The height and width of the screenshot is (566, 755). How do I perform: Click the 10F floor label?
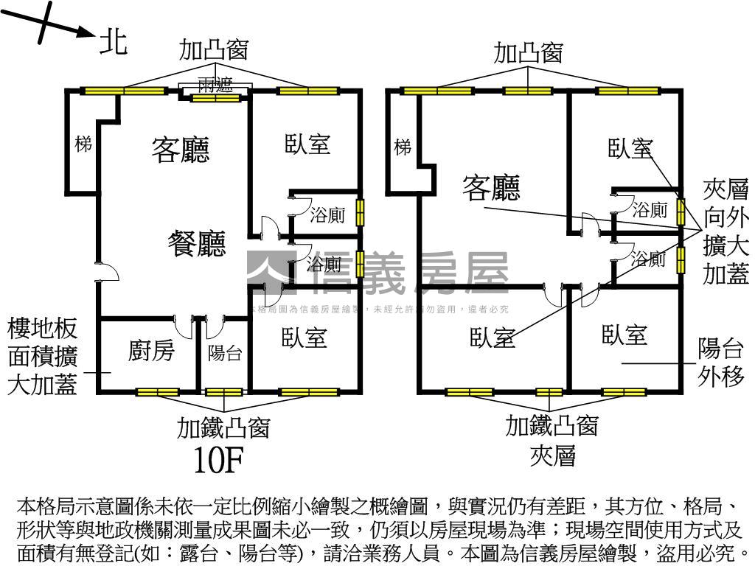tap(218, 460)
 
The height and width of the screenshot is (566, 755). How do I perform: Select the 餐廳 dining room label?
tap(196, 243)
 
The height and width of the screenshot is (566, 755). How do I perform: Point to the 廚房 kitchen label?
tap(151, 351)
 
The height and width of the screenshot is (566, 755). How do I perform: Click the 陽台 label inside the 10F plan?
tap(224, 353)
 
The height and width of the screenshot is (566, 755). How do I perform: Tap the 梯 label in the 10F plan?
tap(83, 144)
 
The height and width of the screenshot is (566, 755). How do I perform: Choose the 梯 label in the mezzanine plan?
tap(403, 147)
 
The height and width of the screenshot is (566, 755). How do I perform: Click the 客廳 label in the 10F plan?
tap(181, 149)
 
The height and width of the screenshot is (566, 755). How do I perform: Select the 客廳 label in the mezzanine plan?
tap(491, 188)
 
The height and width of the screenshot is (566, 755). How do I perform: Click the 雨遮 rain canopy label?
tap(215, 85)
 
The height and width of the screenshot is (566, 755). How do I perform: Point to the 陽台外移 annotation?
tap(722, 363)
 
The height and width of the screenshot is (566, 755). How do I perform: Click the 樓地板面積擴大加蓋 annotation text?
tap(42, 356)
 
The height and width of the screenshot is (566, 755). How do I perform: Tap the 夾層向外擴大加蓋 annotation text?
tap(726, 231)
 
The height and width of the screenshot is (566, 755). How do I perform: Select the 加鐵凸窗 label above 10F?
tap(223, 427)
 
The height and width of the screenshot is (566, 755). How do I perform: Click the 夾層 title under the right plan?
tap(552, 456)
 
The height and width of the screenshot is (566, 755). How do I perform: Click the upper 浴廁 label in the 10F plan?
tap(327, 217)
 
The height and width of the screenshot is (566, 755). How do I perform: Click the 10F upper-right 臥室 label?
tap(307, 144)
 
